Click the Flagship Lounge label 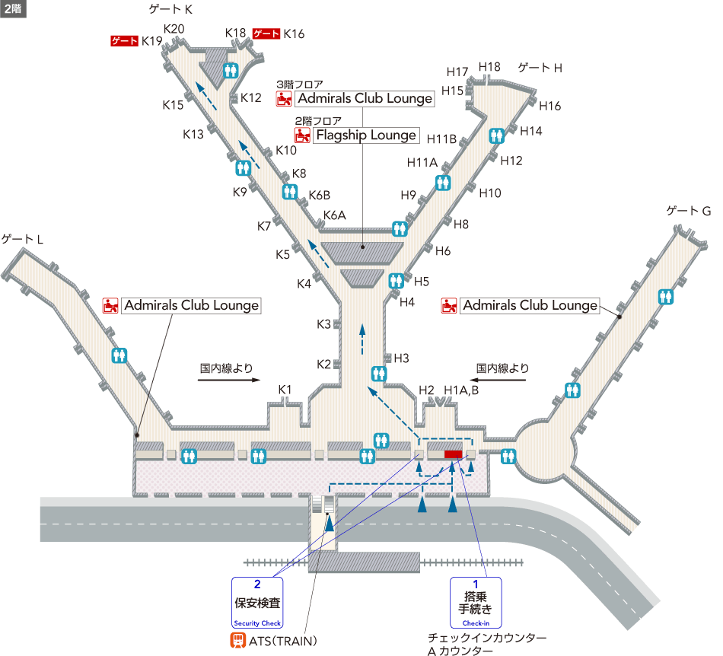366,135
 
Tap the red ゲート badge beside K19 125,41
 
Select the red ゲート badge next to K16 266,33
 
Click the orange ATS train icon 238,640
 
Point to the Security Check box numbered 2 257,603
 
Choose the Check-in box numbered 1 476,603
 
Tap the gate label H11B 441,139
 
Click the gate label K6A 334,215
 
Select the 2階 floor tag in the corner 13,8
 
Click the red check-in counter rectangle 454,454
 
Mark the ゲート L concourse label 22,239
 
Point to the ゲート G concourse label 689,211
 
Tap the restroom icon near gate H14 497,135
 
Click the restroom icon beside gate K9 243,168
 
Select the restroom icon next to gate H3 379,374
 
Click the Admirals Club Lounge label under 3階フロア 365,99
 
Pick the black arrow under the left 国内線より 229,380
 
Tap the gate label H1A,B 461,390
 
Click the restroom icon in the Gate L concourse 119,355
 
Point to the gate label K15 173,105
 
